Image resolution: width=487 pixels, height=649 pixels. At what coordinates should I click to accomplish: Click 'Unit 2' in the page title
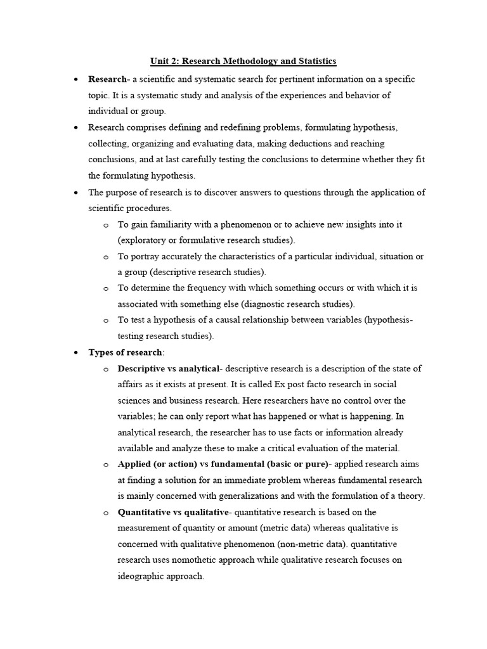coord(164,61)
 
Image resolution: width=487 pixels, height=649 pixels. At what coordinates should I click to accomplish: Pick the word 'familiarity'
coord(176,224)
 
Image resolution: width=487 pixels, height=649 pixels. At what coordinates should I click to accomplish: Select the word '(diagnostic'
coord(275,304)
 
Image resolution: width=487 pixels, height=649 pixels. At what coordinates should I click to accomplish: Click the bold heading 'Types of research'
coord(126,352)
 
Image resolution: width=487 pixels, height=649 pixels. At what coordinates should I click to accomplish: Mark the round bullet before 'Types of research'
coord(76,352)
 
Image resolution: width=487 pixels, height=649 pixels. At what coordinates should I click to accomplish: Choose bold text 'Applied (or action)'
coord(159,464)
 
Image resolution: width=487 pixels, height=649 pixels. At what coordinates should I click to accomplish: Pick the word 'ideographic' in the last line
coord(141,576)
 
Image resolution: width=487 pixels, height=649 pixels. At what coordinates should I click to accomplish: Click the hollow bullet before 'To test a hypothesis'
coord(105,320)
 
